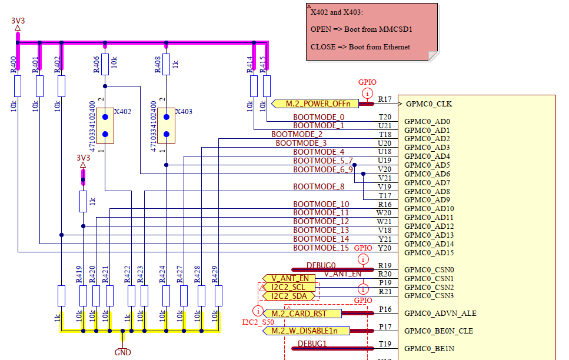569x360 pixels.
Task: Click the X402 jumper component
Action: pos(105,125)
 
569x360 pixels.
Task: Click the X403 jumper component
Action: pos(166,125)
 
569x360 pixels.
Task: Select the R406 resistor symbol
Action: pos(105,65)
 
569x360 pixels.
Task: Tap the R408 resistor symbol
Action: pos(166,65)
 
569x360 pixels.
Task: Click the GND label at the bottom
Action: pos(122,352)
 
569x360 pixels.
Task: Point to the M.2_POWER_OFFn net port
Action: pos(315,104)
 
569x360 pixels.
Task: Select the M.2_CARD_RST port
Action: pos(302,314)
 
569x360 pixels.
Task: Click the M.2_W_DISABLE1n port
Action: pos(306,331)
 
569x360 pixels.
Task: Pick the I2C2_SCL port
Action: pos(289,288)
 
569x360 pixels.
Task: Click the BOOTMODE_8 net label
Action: pos(318,187)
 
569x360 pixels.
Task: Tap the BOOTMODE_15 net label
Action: pos(321,248)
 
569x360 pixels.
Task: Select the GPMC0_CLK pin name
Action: pos(429,104)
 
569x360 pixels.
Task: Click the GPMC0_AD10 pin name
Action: pos(429,209)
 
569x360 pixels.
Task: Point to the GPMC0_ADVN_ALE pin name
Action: pos(440,313)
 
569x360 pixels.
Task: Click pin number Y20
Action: pos(385,248)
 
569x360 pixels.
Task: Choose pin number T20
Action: pos(385,117)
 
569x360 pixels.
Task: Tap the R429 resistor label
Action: pos(214,275)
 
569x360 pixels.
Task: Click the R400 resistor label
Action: pos(14,65)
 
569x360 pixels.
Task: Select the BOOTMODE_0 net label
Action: pos(318,117)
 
